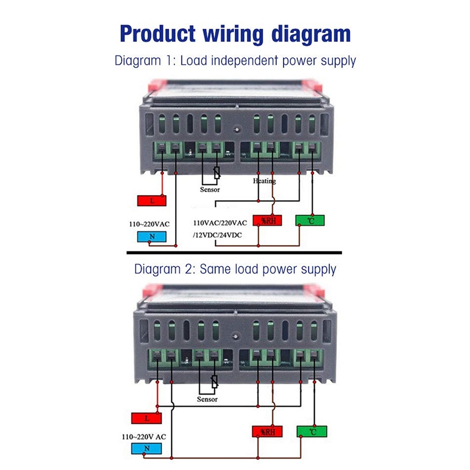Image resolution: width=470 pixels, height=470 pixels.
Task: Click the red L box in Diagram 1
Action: point(152,200)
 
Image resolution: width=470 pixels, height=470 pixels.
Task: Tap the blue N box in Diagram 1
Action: point(152,237)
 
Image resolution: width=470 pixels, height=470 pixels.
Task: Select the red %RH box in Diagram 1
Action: point(267,221)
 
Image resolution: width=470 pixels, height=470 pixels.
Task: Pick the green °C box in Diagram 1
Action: point(310,221)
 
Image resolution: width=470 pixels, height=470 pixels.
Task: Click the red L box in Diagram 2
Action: point(146,418)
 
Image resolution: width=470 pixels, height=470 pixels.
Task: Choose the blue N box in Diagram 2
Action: point(146,448)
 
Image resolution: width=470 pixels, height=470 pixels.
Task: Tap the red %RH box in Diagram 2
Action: point(267,432)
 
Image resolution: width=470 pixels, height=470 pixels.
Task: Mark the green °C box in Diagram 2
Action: point(312,432)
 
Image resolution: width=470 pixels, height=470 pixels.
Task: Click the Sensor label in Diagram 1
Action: point(210,189)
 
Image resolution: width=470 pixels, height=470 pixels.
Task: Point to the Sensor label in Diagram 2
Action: point(207,399)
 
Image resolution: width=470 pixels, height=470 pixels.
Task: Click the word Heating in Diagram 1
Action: point(264,181)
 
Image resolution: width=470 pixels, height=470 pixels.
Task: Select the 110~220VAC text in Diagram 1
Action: point(149,224)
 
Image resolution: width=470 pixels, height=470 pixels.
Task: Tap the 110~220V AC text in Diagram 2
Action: point(144,437)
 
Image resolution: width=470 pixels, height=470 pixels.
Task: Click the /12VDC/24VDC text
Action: point(217,235)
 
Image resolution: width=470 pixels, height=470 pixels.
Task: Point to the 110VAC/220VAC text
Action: point(220,223)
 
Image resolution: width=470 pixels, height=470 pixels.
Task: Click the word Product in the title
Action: point(157,33)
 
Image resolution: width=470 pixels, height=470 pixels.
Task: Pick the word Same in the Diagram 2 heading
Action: point(215,269)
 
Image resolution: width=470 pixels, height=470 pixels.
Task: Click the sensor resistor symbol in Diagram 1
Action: point(217,173)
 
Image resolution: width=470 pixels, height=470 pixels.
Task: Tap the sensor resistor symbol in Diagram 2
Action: point(214,381)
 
